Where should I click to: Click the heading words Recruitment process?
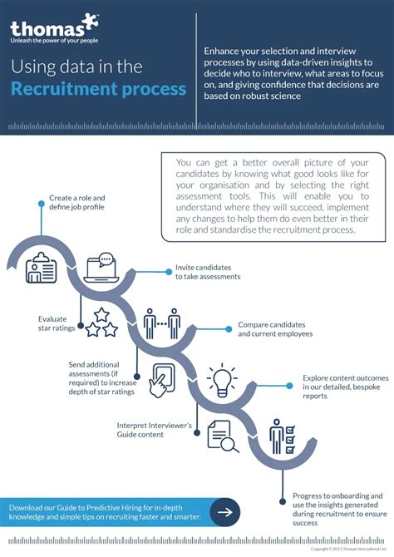click(x=98, y=88)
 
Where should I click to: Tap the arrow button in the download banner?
click(x=224, y=512)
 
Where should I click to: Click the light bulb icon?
click(x=222, y=380)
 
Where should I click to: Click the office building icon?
click(x=41, y=269)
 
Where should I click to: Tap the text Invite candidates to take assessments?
click(x=208, y=273)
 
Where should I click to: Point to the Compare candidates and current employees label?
click(x=272, y=328)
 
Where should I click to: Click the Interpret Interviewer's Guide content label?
click(x=155, y=430)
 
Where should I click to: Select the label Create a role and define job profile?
click(x=77, y=203)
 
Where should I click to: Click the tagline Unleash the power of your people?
click(x=54, y=38)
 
